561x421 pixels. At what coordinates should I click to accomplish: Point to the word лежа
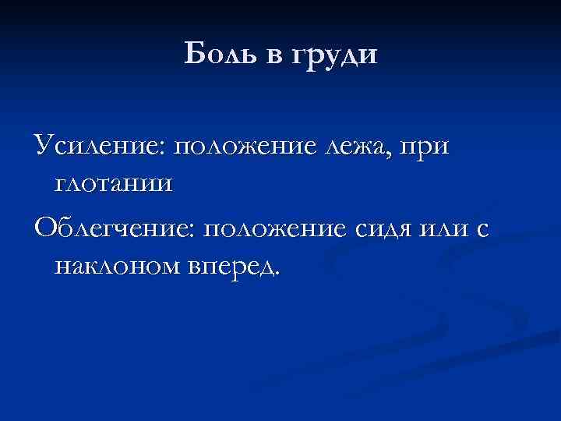pyautogui.click(x=352, y=147)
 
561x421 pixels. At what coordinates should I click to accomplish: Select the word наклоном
pyautogui.click(x=117, y=267)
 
